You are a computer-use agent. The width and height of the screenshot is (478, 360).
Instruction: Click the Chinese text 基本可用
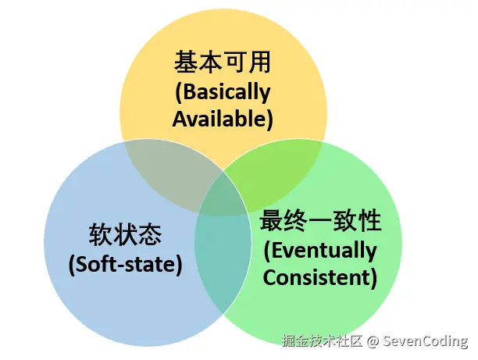coord(223,64)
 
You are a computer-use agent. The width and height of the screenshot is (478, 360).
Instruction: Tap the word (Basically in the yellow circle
coord(223,92)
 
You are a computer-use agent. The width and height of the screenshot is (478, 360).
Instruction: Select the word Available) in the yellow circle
coord(223,119)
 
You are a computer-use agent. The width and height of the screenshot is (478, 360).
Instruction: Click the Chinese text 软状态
coord(125,235)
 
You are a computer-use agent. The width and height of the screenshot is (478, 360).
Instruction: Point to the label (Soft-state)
coord(125,264)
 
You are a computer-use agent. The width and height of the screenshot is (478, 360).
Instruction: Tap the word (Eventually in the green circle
coord(320,250)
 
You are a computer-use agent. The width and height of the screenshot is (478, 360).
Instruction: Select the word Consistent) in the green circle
coord(320,276)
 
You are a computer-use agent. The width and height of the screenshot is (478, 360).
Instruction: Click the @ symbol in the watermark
coord(373,341)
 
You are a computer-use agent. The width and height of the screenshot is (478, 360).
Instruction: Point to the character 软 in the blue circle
coord(101,235)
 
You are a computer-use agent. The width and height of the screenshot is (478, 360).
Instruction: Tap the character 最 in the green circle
coord(271,222)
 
